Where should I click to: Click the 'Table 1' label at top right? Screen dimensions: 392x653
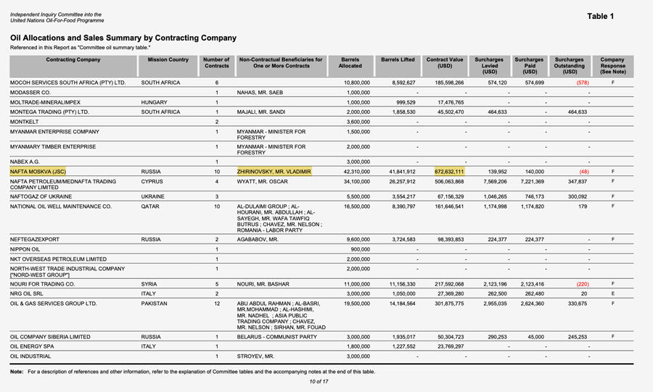(x=600, y=17)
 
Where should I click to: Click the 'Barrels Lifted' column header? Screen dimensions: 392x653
(x=398, y=59)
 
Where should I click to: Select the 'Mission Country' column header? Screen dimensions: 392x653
(x=168, y=59)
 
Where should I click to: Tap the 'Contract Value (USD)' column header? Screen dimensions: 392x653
(x=445, y=63)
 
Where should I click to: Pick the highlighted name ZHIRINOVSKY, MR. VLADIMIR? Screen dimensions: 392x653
(x=274, y=171)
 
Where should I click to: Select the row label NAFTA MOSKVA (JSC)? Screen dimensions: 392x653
(x=38, y=171)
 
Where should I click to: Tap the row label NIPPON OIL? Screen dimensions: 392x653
(x=25, y=249)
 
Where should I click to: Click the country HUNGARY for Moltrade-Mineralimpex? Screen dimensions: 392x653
(x=155, y=103)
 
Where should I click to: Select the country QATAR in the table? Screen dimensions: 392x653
(x=151, y=207)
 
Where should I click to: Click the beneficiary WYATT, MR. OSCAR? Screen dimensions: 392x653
(x=262, y=181)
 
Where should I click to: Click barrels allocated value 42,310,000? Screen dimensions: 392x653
(x=355, y=171)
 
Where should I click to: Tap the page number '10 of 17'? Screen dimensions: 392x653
(x=319, y=381)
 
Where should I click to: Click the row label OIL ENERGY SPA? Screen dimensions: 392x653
(x=32, y=347)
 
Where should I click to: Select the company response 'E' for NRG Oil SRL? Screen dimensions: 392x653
(x=613, y=294)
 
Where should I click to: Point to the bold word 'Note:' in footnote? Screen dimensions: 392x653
(x=17, y=371)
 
